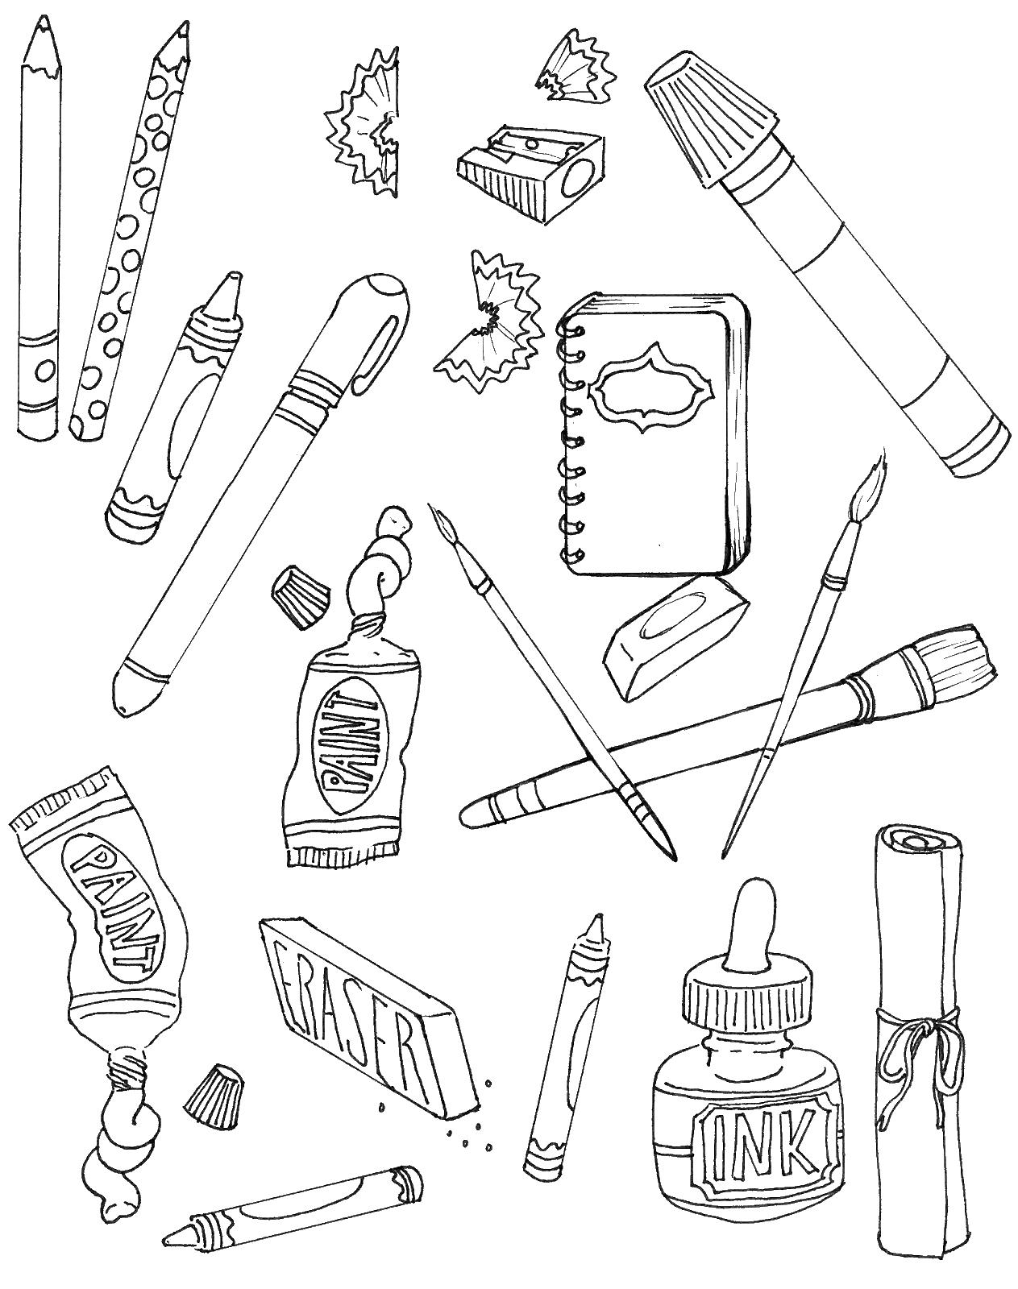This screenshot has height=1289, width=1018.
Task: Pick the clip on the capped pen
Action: (x=380, y=354)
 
